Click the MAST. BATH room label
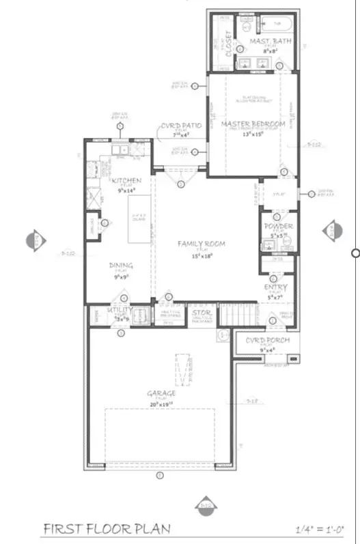262,42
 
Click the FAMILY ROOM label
202,244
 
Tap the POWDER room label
278,226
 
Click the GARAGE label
161,393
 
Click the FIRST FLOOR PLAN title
107,528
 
